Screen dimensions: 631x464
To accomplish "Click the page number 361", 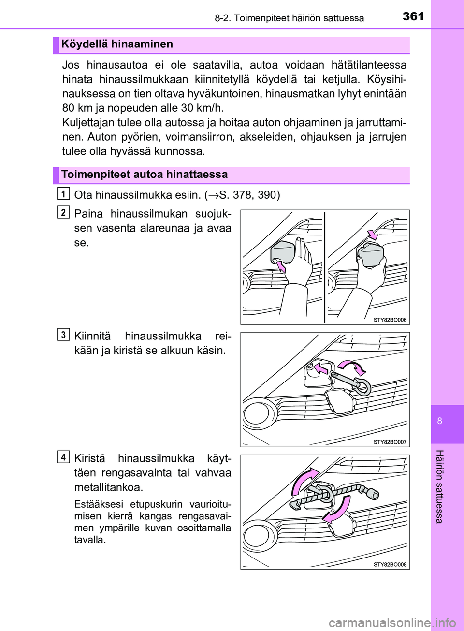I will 413,16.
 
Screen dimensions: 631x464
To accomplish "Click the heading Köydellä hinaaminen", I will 117,44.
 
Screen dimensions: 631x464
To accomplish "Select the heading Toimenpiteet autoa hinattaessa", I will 144,175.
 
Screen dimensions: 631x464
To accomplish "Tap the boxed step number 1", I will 63,194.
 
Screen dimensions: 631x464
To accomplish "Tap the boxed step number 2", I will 63,212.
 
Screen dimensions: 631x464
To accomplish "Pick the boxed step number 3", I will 63,335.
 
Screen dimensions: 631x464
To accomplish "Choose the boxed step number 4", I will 63,457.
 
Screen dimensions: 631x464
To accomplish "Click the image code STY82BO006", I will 390,320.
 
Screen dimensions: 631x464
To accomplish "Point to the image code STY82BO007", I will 390,442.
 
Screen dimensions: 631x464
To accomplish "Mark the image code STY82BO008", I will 390,564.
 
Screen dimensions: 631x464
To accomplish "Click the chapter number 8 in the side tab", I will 439,421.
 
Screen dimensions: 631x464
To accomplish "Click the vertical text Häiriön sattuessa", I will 439,486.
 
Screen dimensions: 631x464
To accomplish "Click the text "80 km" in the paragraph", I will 77,108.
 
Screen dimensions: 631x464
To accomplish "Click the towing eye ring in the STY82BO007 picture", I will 361,387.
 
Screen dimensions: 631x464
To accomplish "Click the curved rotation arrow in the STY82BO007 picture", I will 352,366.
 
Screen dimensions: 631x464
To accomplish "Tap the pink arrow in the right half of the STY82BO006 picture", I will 372,235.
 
